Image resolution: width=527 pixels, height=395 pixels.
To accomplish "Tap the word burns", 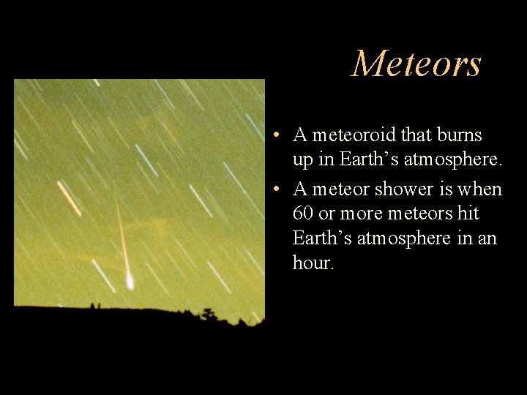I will coord(459,135).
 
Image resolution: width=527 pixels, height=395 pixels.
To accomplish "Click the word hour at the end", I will coord(312,263).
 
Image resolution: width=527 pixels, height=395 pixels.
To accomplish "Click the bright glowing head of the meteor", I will coord(130,282).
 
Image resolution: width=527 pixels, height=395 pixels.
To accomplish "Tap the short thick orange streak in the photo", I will coord(70,197).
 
